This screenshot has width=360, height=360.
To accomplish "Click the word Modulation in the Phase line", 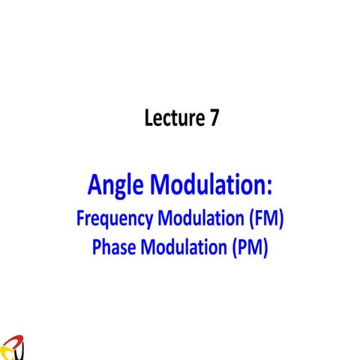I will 182,246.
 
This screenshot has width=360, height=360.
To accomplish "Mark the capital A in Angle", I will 94,183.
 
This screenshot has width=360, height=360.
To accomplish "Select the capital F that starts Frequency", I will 80,219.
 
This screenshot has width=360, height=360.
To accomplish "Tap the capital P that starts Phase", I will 97,246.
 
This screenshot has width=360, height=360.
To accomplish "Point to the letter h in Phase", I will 106,246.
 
